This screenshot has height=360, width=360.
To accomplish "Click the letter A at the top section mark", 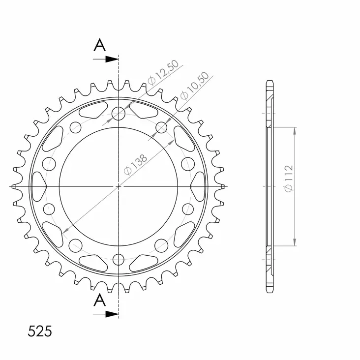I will click(100, 45).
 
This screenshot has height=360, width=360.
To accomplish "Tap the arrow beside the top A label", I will click(106, 59).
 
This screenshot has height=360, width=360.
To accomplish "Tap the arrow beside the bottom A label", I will click(106, 313).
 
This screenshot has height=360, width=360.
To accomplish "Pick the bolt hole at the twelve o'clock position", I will click(119, 114).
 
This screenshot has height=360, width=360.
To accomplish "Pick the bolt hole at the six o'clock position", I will click(119, 260).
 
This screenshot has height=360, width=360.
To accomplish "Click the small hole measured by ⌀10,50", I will click(161, 128).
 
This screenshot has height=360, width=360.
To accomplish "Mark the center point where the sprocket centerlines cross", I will click(119, 186).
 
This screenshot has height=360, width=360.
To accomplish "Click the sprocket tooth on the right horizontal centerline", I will click(221, 186).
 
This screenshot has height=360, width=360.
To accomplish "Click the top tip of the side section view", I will click(269, 80).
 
